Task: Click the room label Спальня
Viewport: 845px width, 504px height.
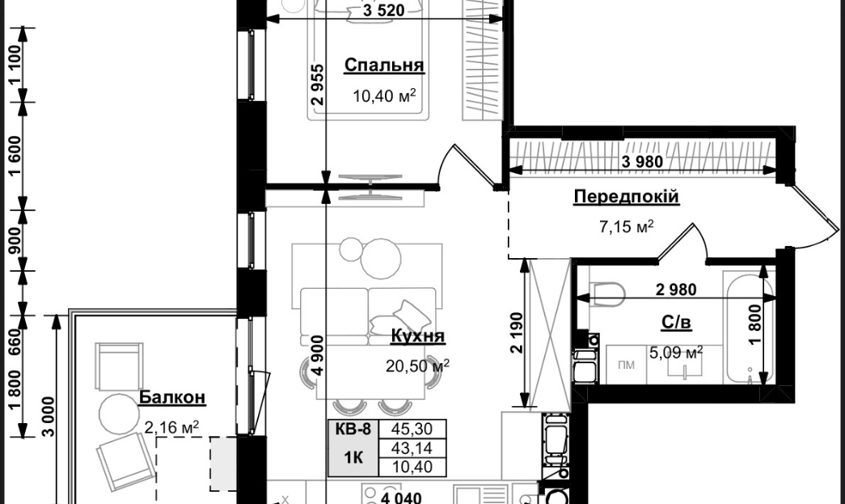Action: click(384, 66)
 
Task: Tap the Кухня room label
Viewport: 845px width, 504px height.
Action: click(418, 336)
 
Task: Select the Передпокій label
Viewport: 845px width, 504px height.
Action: click(626, 197)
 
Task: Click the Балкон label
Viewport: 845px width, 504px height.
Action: click(172, 397)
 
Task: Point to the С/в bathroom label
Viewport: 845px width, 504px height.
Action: click(676, 322)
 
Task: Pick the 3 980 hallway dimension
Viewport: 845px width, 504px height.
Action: click(642, 161)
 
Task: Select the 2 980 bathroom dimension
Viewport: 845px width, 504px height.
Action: click(676, 290)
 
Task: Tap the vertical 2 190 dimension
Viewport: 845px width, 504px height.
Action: click(517, 332)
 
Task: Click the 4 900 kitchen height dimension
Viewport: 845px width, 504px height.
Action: click(318, 355)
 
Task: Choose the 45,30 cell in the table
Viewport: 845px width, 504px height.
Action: click(413, 429)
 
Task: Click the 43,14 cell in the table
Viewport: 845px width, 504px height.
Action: click(413, 448)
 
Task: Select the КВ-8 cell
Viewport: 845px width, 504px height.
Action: click(353, 429)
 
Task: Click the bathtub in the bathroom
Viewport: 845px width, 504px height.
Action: click(749, 327)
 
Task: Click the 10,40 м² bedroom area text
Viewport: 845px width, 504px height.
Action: click(384, 96)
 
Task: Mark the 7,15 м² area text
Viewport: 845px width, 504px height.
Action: click(626, 226)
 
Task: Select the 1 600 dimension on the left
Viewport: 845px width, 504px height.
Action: click(15, 155)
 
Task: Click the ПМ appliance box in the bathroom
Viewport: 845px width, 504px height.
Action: click(626, 365)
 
